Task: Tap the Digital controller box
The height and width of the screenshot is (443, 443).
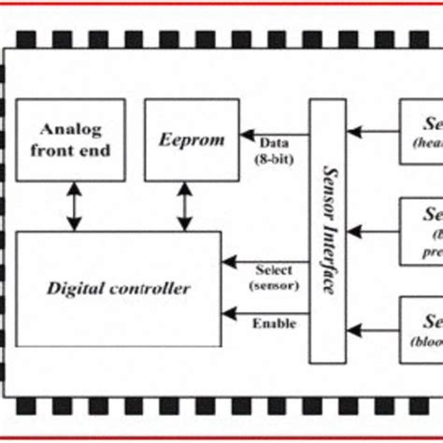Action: pyautogui.click(x=119, y=287)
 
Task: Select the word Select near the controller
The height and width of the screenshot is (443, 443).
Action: pyautogui.click(x=273, y=270)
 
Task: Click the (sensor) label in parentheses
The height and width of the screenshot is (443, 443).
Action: pyautogui.click(x=273, y=284)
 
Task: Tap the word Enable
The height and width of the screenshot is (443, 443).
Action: pyautogui.click(x=273, y=323)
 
